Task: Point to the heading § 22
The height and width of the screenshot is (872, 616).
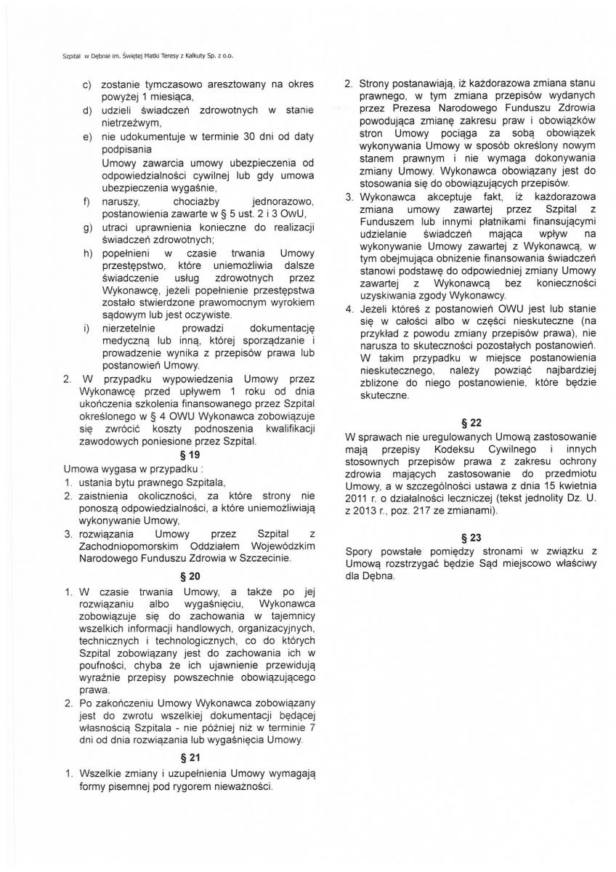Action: click(471, 422)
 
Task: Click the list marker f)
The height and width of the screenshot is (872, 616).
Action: click(86, 201)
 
